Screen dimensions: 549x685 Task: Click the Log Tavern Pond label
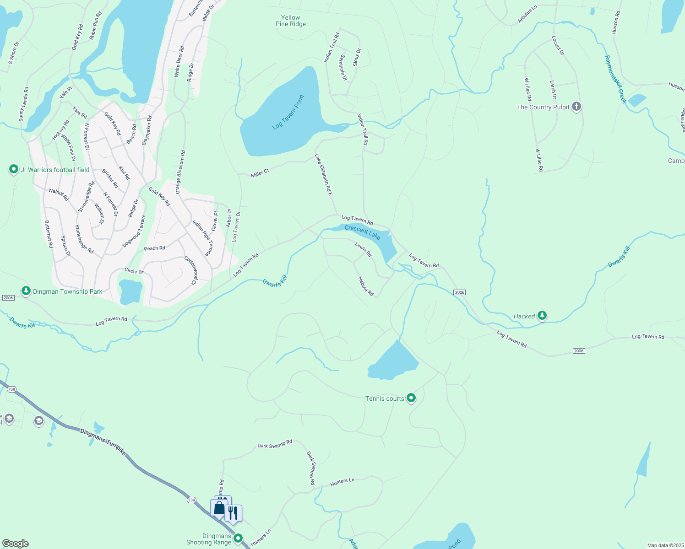pos(288,112)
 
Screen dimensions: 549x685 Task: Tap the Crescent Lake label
pos(363,232)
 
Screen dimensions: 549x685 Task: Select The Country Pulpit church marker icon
pos(576,107)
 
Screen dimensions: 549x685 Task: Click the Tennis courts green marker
pos(411,398)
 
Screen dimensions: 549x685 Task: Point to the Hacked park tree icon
pos(542,316)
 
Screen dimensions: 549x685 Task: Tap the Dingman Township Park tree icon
pos(26,291)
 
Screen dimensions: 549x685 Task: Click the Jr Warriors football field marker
pos(14,170)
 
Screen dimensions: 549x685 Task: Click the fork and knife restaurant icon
pos(233,512)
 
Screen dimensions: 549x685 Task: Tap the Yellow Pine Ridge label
pos(291,21)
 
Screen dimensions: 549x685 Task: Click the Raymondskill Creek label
pos(615,80)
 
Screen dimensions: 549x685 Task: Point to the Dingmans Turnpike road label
pos(103,442)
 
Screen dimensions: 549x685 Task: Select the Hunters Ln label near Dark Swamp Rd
pos(342,482)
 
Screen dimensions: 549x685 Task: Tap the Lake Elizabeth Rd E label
pos(323,175)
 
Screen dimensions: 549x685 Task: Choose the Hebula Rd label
pos(366,286)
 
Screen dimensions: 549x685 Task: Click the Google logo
pos(15,544)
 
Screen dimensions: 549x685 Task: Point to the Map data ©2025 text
pos(665,545)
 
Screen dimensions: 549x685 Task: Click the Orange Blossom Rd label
pos(180,172)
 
